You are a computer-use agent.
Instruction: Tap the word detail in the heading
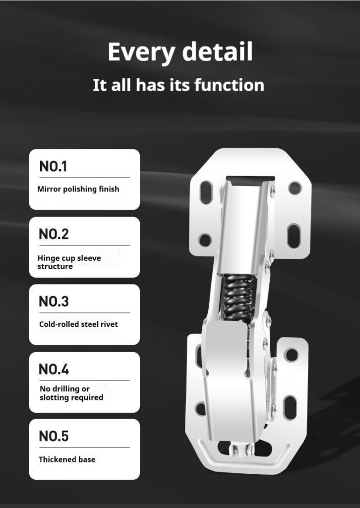coord(218,52)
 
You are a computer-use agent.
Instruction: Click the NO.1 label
coord(53,167)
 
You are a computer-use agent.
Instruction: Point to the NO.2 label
coord(54,234)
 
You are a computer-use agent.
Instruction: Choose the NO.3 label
coord(54,301)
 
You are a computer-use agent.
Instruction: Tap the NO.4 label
coord(54,369)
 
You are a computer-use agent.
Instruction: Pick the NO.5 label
coord(54,436)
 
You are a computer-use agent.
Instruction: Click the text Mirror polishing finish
coord(78,189)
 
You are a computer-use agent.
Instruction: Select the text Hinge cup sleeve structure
coord(69,262)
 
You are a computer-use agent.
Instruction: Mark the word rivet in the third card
coord(109,324)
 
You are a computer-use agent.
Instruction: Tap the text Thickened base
coord(67,459)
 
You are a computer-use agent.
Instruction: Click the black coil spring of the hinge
coord(239,298)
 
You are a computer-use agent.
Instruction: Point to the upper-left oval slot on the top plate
coord(206,192)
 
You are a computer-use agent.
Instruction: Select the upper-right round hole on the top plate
coord(295,188)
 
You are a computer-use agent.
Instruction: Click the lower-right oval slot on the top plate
coord(294,236)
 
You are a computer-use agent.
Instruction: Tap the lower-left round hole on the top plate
coord(205,240)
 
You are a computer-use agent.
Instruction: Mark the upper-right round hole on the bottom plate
coord(292,355)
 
